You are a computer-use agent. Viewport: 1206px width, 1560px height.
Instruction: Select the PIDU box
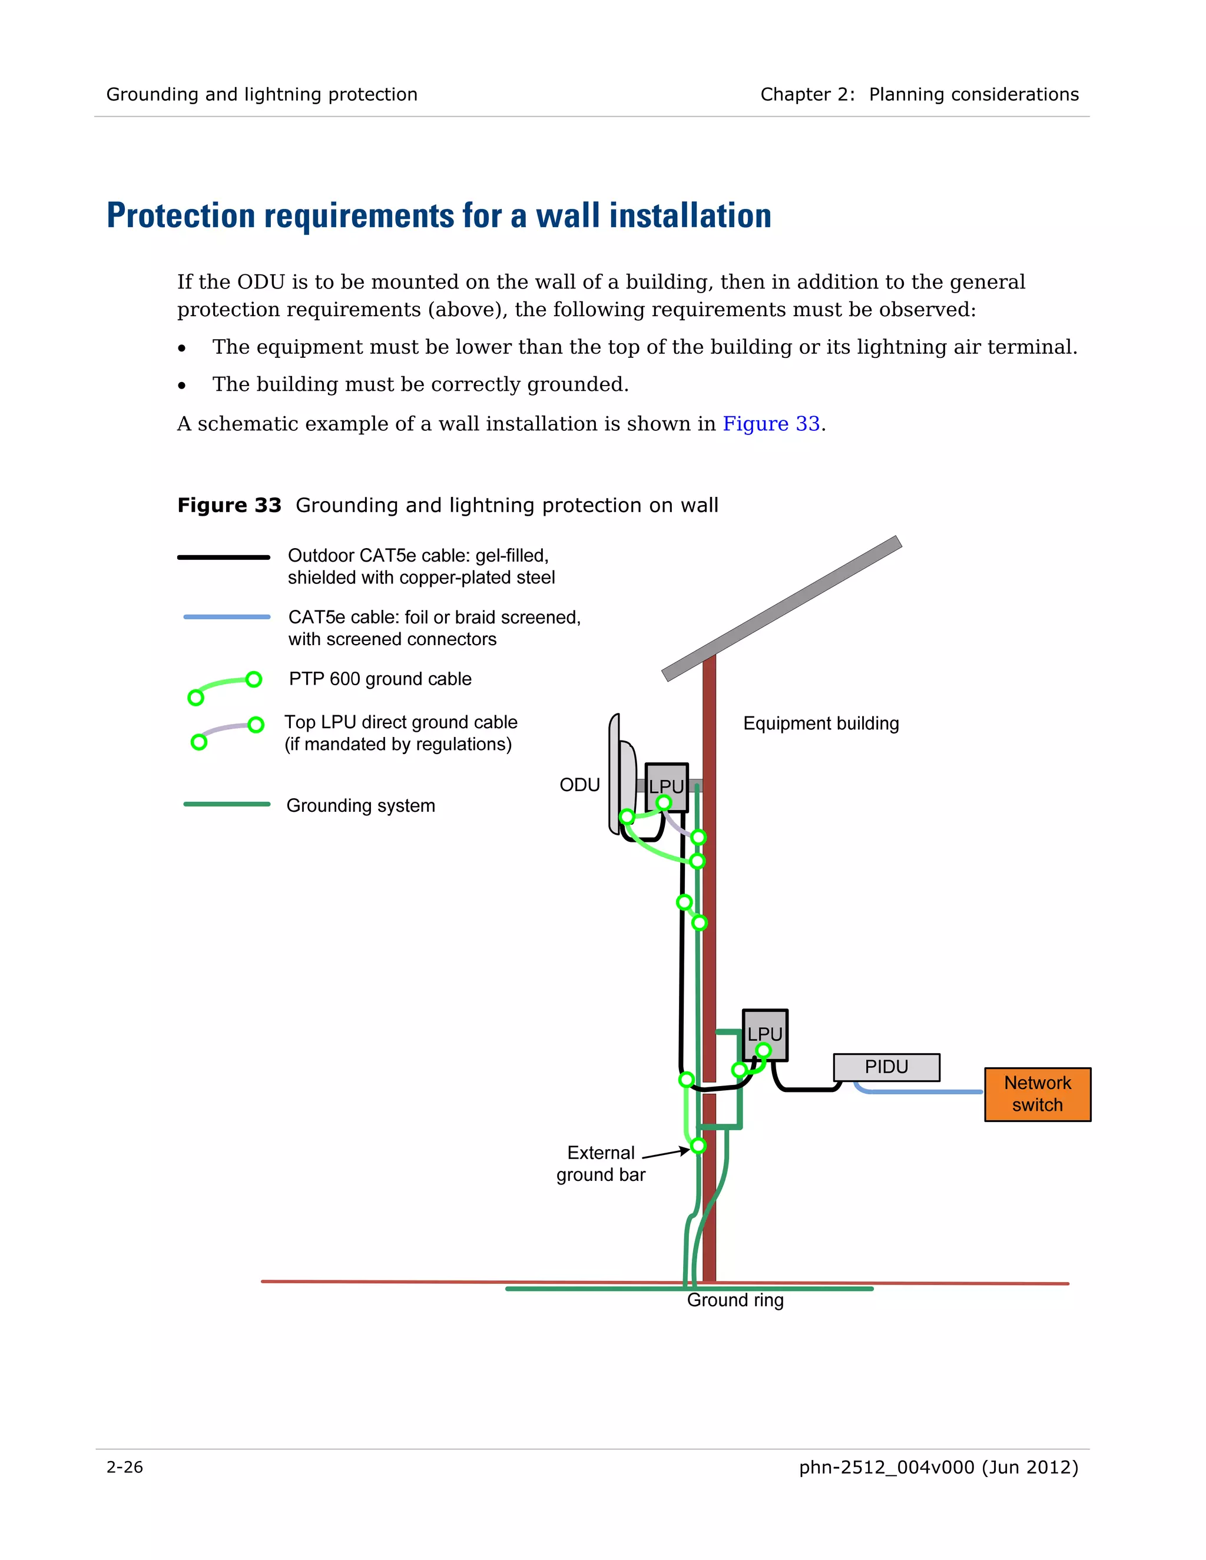[886, 1067]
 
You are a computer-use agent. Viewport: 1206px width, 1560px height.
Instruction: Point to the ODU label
[579, 785]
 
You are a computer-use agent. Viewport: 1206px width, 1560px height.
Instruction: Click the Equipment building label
[820, 723]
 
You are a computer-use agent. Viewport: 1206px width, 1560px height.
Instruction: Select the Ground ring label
[735, 1300]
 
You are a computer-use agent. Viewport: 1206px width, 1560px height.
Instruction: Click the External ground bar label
[601, 1164]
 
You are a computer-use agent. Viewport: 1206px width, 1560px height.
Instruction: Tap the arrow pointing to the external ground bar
[666, 1152]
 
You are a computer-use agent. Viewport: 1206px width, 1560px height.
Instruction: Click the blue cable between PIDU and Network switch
[922, 1091]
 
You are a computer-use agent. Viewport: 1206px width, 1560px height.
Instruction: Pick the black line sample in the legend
[224, 557]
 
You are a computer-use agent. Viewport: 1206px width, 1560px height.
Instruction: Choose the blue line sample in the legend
[227, 616]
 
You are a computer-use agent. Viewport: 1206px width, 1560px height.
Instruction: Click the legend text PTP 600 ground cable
[380, 679]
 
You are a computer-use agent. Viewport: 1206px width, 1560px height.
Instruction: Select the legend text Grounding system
[361, 806]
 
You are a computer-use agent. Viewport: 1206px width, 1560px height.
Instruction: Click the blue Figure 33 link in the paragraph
[771, 424]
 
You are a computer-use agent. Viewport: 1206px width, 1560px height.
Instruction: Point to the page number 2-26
[125, 1467]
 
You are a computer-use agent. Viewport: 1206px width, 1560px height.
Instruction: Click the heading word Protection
[181, 215]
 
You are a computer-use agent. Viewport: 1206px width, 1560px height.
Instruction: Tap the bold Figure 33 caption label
[229, 505]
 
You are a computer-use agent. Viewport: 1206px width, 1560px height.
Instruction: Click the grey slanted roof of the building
[781, 608]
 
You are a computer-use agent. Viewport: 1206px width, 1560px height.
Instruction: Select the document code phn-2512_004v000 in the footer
[886, 1467]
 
